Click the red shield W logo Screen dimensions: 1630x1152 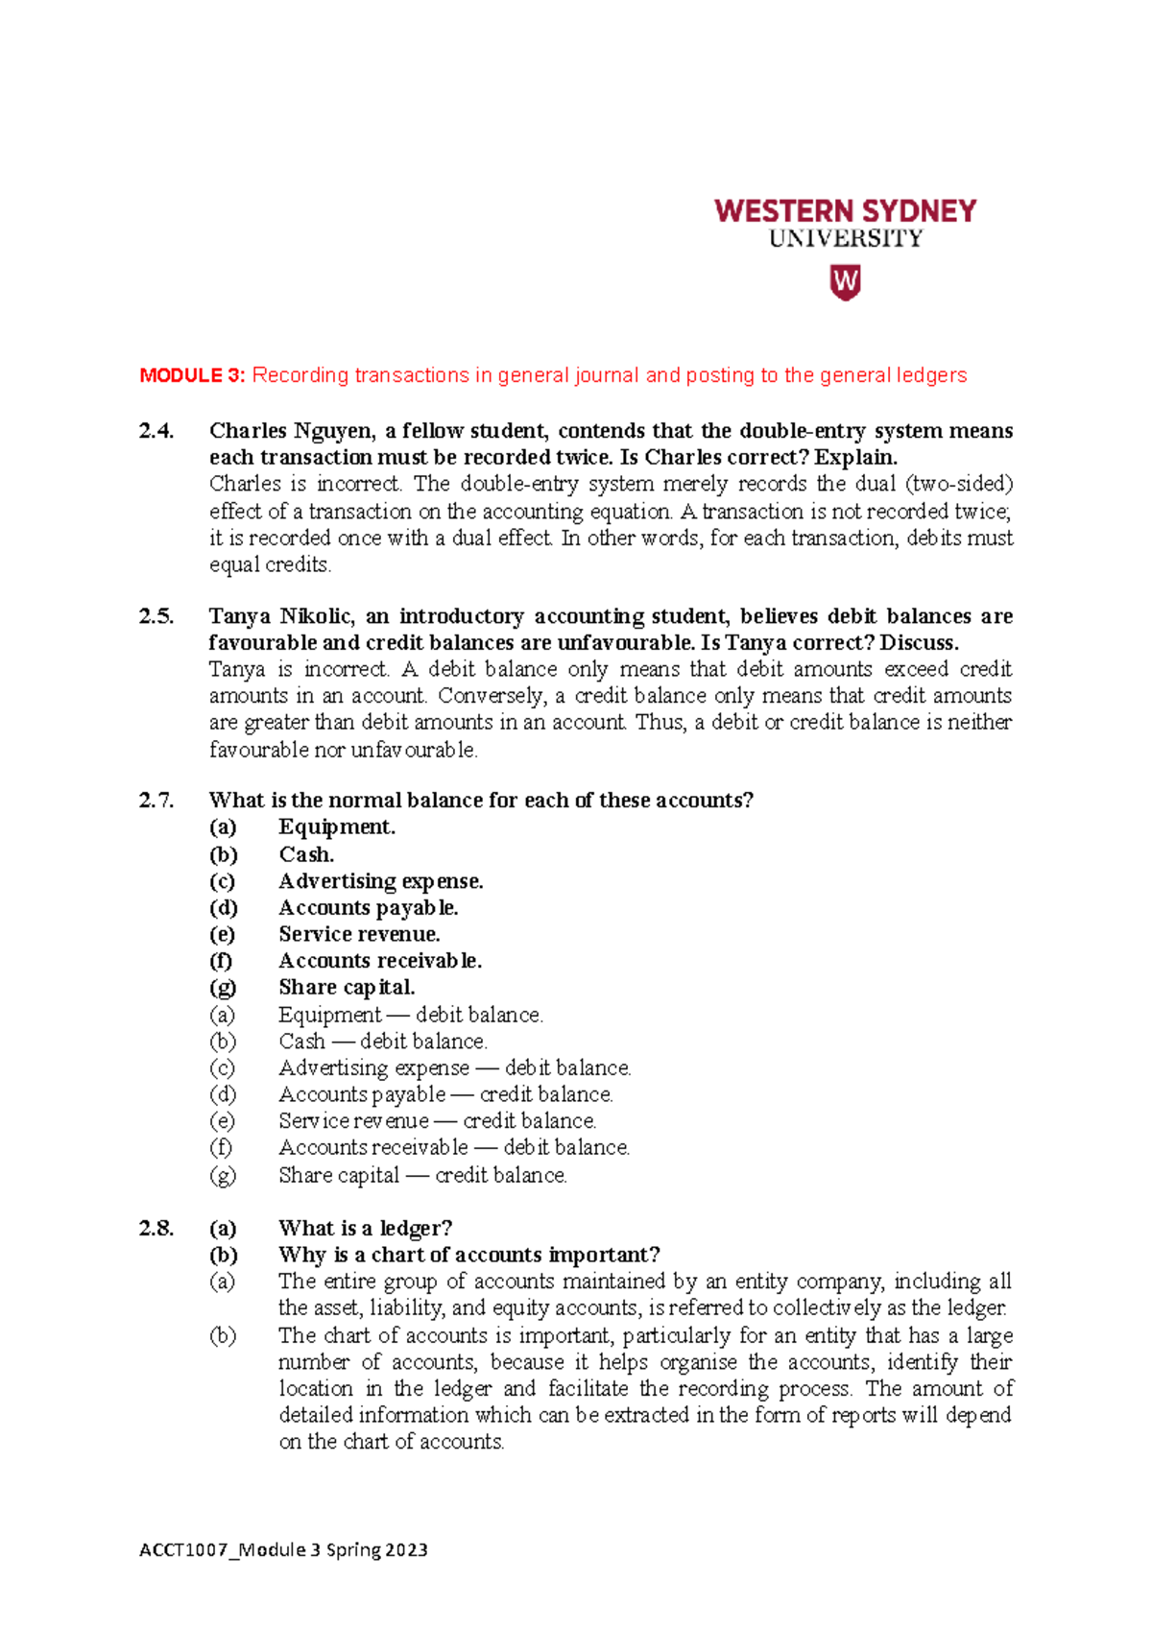click(845, 283)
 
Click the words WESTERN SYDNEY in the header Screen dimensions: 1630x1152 click(845, 211)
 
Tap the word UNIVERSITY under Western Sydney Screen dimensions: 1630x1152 click(845, 239)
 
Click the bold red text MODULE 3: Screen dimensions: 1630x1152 click(192, 375)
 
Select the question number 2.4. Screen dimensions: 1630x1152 click(156, 431)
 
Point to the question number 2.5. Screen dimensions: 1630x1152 click(156, 616)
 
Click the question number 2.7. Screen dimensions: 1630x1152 click(156, 801)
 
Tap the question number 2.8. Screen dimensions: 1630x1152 click(156, 1228)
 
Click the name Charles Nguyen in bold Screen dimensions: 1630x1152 click(291, 431)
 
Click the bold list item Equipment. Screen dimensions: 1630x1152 click(337, 827)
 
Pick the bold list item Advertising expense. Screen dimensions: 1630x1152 click(380, 881)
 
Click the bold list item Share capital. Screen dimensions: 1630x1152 click(347, 988)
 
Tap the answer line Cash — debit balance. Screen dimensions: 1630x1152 click(383, 1042)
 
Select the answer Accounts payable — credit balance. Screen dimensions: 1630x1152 click(445, 1094)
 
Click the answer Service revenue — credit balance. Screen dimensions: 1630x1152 click(437, 1121)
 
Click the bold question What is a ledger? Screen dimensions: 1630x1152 click(365, 1228)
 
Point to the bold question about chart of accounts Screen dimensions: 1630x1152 click(468, 1255)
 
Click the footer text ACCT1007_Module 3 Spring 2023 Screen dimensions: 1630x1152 click(283, 1549)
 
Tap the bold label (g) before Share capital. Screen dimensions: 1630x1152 click(223, 988)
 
